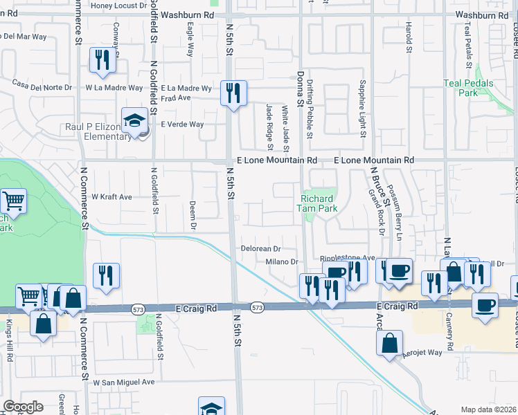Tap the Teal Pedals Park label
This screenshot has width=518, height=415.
(461, 88)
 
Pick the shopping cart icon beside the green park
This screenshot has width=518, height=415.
(13, 201)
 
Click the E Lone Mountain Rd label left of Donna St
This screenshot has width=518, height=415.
(276, 160)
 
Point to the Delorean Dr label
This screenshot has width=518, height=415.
(260, 248)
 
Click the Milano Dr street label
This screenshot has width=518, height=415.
(282, 261)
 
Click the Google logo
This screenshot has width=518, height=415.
(23, 407)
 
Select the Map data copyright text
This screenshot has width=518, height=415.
(489, 409)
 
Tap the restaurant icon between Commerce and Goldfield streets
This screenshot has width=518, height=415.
(106, 275)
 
